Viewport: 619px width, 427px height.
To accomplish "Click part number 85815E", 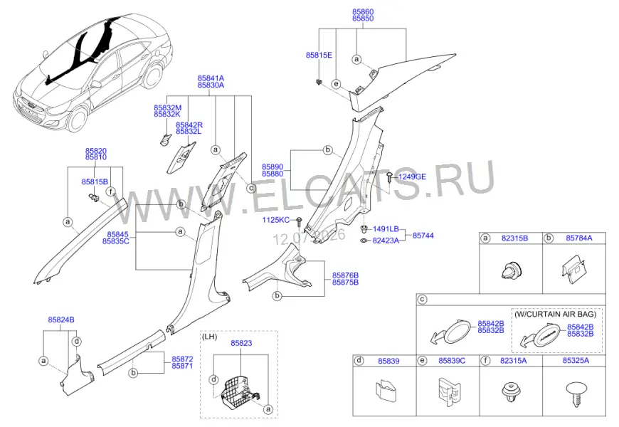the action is (x=319, y=56).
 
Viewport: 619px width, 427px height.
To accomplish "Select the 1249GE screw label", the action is (x=412, y=176).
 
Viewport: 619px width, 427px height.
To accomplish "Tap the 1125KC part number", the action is (x=275, y=220).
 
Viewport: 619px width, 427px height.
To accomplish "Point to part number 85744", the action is (x=423, y=236).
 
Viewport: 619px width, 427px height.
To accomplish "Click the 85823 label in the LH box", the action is (x=241, y=343).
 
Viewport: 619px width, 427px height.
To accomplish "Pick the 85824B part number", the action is (x=61, y=320).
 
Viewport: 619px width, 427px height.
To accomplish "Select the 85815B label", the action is (x=95, y=181).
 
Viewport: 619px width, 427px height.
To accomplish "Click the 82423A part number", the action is (x=386, y=241).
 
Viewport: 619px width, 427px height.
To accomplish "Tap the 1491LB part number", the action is (x=386, y=229).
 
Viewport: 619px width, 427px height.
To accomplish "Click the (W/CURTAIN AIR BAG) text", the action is (x=556, y=315).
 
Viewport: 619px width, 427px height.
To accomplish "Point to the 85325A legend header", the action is (x=576, y=361).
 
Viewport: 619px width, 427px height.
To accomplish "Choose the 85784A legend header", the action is (x=579, y=238).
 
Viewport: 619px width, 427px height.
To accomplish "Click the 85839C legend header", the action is (x=452, y=361).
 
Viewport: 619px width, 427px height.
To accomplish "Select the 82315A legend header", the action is (x=514, y=361).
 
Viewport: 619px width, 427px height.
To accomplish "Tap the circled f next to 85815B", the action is (x=112, y=191).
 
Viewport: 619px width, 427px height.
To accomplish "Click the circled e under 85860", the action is (x=336, y=84).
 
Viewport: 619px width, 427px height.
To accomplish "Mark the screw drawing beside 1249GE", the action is (x=390, y=177).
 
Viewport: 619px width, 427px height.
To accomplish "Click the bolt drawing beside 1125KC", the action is (x=299, y=221).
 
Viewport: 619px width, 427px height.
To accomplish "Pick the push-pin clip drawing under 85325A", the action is (x=575, y=393).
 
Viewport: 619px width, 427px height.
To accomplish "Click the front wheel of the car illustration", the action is (x=77, y=119).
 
